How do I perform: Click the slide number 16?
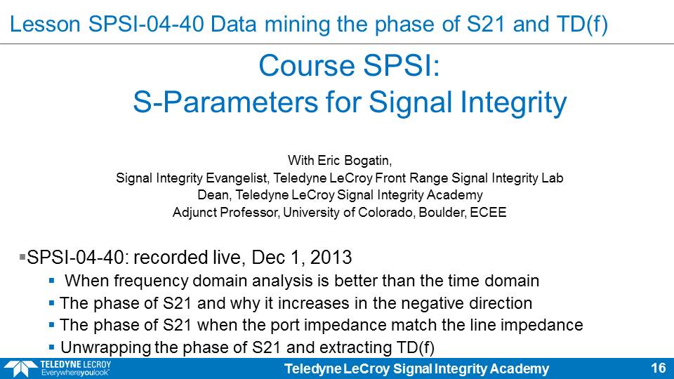pos(659,368)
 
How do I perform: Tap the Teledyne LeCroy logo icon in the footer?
pos(20,368)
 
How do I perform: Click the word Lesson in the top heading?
pos(45,24)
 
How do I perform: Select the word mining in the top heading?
pos(298,24)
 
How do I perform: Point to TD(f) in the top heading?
pos(581,24)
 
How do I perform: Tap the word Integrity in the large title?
pos(514,103)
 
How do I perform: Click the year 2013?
pos(331,258)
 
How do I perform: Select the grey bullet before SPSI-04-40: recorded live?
pos(22,257)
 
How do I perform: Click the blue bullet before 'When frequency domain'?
pos(51,281)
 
